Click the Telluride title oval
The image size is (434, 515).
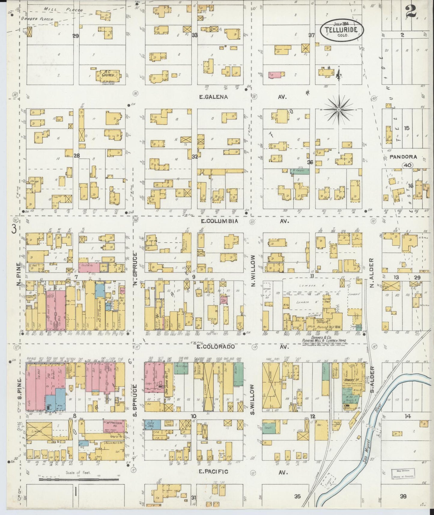point(341,29)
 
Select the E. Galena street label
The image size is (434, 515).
point(214,97)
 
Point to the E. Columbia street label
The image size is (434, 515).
point(220,221)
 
